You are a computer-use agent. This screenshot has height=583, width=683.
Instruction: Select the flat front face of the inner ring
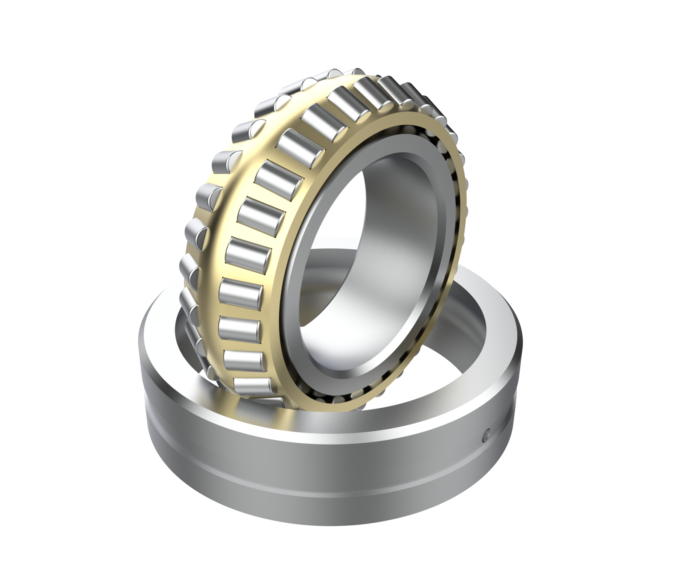click(299, 325)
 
